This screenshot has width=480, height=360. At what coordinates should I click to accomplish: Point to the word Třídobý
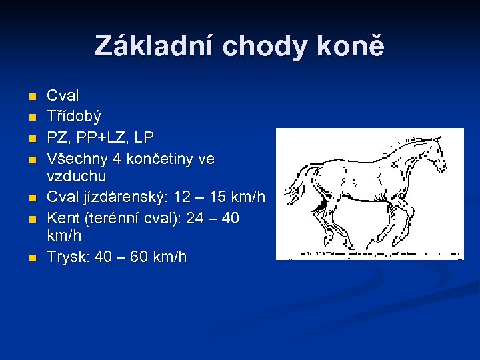(74, 117)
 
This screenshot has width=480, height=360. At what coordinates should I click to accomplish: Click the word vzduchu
(77, 177)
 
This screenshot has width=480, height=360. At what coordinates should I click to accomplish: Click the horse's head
(433, 147)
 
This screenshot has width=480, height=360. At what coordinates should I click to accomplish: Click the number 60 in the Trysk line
(143, 257)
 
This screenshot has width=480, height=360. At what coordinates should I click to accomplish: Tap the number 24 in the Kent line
(193, 218)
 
